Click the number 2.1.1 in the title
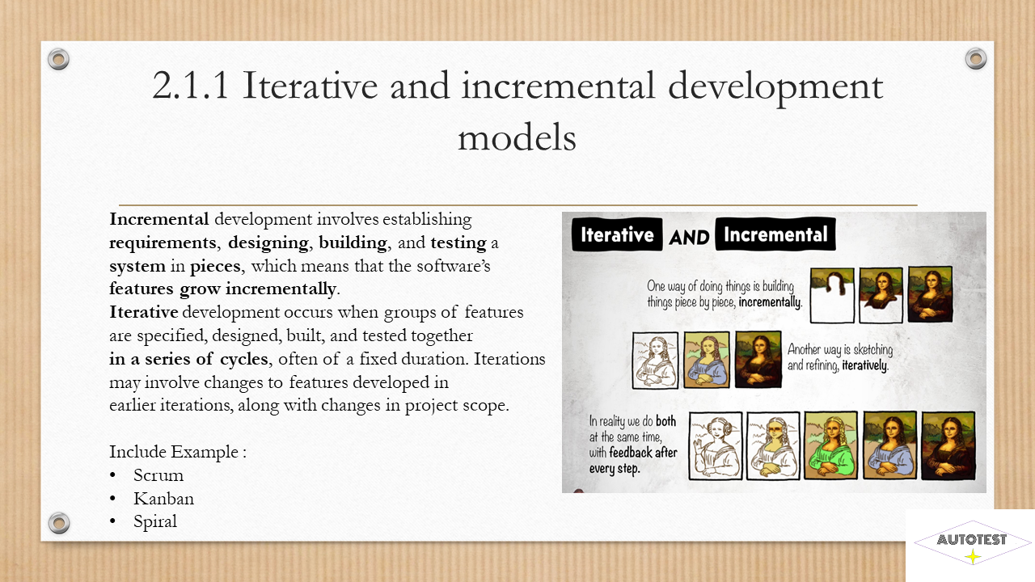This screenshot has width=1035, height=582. point(190,86)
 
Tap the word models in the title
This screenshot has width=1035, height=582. point(517,137)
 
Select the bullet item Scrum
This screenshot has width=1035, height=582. point(158,475)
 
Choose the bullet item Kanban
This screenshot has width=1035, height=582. point(163,499)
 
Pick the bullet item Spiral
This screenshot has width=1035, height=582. point(155,522)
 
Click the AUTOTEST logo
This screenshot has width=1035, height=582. point(971,542)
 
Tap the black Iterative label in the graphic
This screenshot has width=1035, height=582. point(617,234)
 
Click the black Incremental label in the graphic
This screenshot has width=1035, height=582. point(775,234)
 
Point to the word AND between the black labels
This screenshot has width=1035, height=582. point(689,238)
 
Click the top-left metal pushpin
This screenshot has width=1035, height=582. point(59,59)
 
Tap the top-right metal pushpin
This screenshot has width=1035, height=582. point(976,59)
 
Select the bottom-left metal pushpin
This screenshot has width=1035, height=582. point(59,523)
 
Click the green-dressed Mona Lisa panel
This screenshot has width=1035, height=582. point(830,445)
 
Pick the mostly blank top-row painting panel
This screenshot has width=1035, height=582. point(832,295)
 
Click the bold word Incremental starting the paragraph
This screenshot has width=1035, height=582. point(159,219)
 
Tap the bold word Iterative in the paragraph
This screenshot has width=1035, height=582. point(144,312)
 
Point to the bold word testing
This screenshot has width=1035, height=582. point(458,243)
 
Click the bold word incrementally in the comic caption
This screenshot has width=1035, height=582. point(770,302)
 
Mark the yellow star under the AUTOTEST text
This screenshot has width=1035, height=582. point(973,556)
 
